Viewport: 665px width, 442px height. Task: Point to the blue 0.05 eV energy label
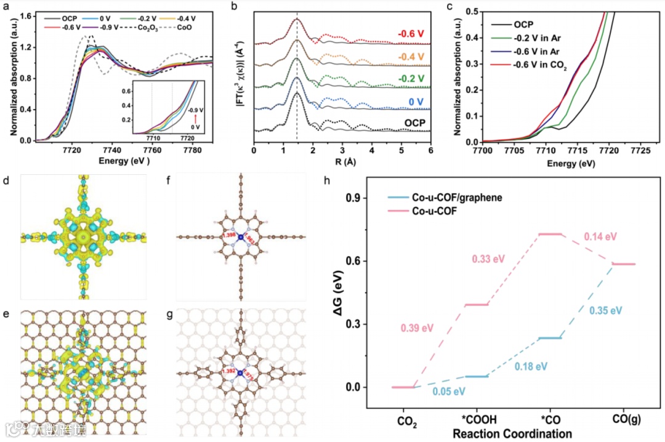[449, 392]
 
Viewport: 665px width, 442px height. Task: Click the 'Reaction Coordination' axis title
[510, 433]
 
